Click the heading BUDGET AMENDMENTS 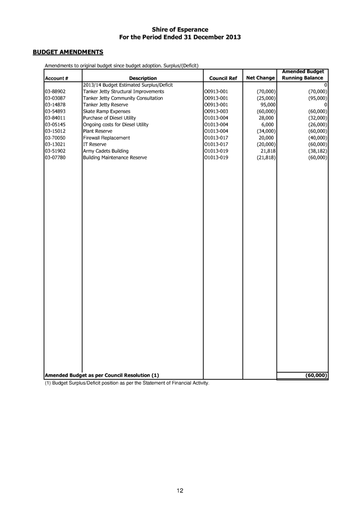click(x=68, y=52)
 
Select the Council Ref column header click(x=223, y=78)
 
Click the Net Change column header click(x=260, y=78)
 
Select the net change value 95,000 click(x=265, y=105)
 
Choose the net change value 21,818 click(x=265, y=150)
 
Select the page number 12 click(x=180, y=491)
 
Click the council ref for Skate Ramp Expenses click(x=217, y=111)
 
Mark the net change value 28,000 click(x=265, y=117)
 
